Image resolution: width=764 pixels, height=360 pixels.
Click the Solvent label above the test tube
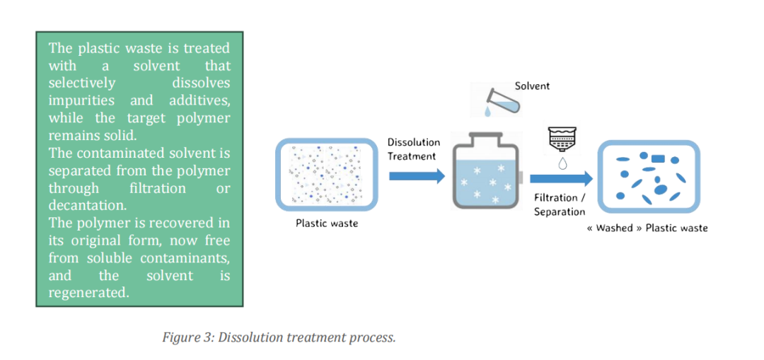pos(532,86)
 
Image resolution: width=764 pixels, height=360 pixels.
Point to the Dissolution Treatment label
pos(413,149)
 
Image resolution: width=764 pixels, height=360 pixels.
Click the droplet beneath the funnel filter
pos(562,164)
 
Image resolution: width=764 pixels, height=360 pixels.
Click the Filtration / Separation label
pos(560,204)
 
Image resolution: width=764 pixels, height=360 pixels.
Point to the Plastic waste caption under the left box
pos(327,224)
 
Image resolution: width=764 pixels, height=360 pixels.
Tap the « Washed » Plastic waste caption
pos(647,228)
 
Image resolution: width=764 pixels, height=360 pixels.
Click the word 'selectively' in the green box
pos(81,83)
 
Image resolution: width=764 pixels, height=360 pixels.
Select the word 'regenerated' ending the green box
pos(89,292)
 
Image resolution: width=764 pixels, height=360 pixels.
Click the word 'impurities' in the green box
pos(81,100)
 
